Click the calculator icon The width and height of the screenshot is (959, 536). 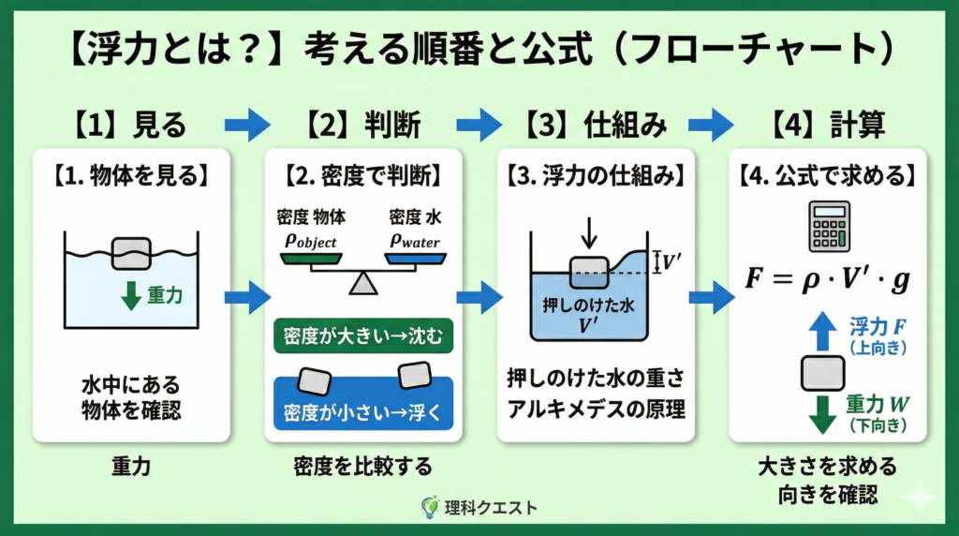[x=829, y=227]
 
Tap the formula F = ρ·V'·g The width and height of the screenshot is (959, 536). [x=828, y=279]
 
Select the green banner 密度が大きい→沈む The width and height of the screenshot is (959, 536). [x=363, y=335]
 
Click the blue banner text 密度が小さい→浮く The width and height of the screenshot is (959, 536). [x=362, y=412]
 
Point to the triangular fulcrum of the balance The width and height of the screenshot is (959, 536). [x=363, y=284]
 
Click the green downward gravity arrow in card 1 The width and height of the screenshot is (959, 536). [x=131, y=295]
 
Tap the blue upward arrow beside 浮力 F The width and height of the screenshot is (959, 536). [x=822, y=331]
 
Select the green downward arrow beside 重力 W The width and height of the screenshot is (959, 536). [x=822, y=414]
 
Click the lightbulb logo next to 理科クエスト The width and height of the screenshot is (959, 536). [x=430, y=507]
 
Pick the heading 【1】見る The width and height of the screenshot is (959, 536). [x=130, y=125]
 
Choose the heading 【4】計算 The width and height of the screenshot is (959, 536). [x=828, y=125]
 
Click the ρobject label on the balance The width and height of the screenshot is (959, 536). [x=311, y=241]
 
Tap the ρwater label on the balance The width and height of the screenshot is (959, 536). [x=415, y=241]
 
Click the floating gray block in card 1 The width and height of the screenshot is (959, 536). [x=131, y=253]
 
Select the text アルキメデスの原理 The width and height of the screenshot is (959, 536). [x=597, y=409]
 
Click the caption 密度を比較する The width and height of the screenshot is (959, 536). [x=362, y=467]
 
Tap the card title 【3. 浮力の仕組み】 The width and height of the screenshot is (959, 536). [x=596, y=176]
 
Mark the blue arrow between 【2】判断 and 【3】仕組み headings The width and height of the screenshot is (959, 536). [x=479, y=125]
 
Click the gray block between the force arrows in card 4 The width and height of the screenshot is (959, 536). [x=822, y=373]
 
